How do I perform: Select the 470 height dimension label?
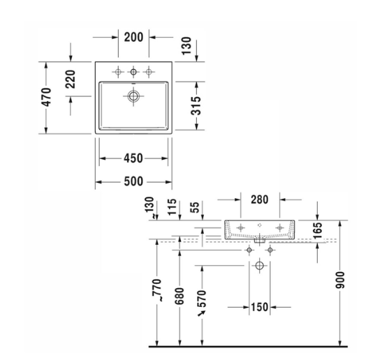(45, 97)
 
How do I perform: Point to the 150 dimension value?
(260, 307)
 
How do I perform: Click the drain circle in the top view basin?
(132, 98)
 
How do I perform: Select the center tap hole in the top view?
(132, 72)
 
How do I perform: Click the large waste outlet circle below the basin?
(260, 266)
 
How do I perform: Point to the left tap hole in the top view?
(117, 72)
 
